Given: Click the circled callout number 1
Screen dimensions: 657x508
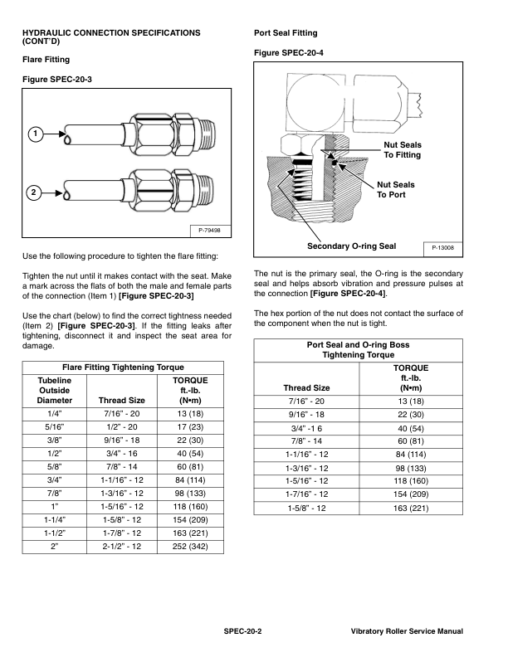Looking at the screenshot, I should coord(34,134).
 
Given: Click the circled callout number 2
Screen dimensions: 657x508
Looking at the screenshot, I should coord(34,192).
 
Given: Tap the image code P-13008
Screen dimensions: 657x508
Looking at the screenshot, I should coord(443,247).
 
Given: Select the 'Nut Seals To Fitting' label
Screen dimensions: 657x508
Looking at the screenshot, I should coord(402,150).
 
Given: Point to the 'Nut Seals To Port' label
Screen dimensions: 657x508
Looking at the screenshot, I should coord(396,189).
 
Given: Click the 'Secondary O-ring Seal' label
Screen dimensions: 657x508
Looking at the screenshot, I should coord(351,246).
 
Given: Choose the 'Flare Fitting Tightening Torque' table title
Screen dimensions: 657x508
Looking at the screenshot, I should coord(123,367).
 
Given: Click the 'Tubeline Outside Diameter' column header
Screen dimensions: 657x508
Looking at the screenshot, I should coord(55,389).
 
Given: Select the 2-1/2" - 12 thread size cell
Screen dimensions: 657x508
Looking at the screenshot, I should coord(122,547).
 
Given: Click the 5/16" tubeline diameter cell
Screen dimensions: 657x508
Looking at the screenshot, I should coord(55,427).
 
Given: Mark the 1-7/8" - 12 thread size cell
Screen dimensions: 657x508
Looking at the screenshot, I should coord(122,532).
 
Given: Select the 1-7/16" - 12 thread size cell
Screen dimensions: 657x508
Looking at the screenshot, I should coord(306,494).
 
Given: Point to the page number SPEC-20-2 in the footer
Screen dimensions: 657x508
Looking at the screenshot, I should coord(242,632).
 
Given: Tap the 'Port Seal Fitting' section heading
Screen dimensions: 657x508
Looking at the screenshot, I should coord(285,33).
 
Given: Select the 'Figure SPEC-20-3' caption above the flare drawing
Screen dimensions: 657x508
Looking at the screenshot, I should coord(56,79).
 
